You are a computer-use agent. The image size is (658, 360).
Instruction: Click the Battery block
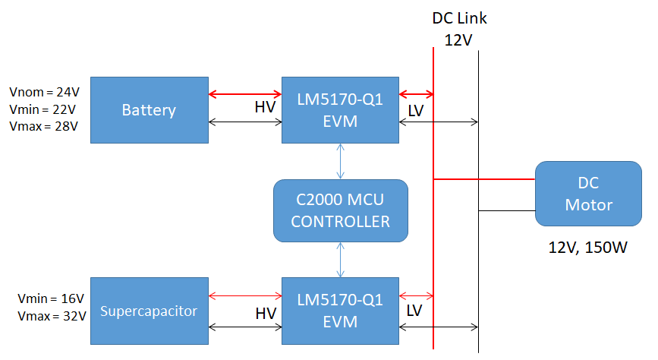149,110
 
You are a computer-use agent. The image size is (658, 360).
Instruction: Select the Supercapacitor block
149,311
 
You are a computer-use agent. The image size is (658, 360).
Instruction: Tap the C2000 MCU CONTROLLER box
340,210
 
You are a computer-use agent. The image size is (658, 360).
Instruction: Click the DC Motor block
588,194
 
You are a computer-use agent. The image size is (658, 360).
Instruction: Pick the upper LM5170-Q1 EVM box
340,110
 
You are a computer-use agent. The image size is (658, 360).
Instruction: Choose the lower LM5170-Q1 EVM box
340,311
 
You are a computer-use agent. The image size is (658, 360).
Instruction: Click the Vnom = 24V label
44,91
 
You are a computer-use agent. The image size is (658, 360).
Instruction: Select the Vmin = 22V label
44,109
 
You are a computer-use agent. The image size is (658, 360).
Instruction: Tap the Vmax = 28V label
44,126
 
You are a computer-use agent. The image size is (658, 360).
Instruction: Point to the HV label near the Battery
265,108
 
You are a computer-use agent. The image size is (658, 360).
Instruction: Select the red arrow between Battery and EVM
244,94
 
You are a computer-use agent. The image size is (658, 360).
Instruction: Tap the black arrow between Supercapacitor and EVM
244,327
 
